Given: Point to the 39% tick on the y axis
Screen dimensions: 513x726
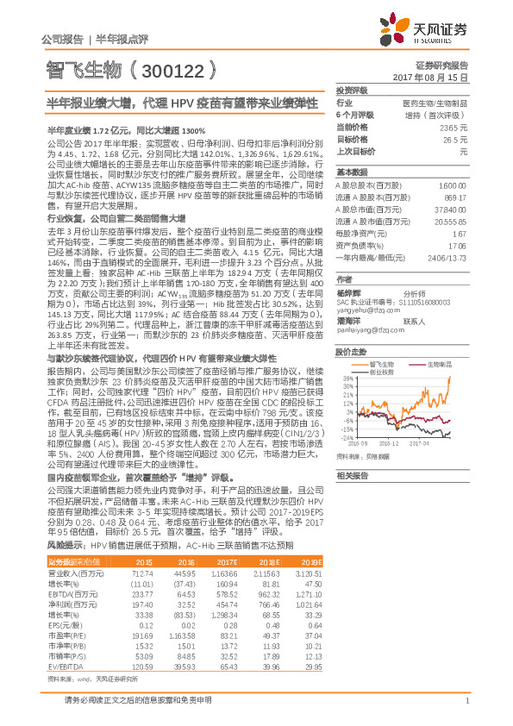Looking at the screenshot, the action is pos(346,378).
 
